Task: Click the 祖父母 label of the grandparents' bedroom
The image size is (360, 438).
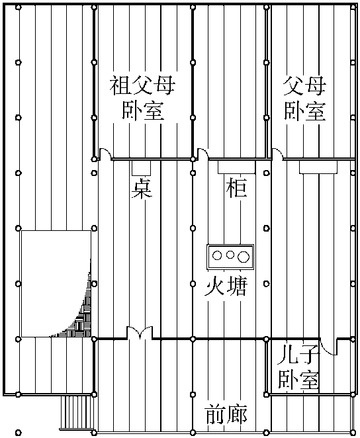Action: coord(142,85)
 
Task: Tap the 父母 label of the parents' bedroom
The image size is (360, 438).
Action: coord(304,85)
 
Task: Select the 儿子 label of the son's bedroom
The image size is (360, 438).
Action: coord(298,354)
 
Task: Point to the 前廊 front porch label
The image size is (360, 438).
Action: coord(226,414)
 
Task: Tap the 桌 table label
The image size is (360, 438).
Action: coord(142,189)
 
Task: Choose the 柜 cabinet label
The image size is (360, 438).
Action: coord(236,187)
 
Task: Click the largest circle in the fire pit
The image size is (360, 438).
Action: coord(244,257)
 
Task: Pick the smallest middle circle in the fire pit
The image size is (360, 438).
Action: coord(230,255)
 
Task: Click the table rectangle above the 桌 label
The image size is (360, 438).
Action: coord(142,167)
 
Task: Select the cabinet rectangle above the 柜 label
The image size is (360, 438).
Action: coord(236,167)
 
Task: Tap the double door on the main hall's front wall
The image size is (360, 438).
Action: coord(140,332)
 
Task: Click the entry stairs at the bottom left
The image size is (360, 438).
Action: coord(77,413)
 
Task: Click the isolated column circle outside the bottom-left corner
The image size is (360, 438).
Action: coord(18,433)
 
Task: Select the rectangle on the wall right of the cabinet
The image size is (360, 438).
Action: coord(318,167)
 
